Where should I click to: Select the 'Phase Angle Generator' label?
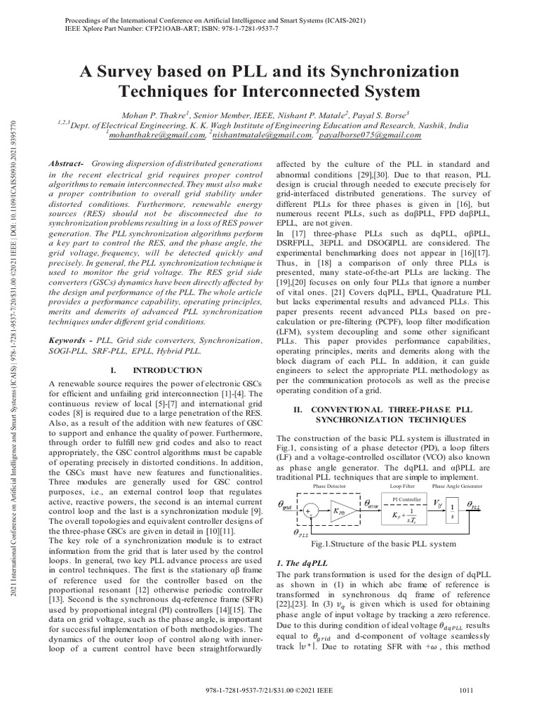(x=457, y=485)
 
